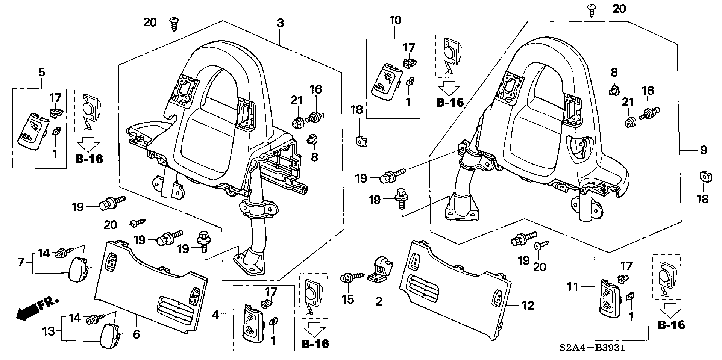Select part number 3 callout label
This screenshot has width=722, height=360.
coord(280,23)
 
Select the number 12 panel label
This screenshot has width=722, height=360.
coord(528,306)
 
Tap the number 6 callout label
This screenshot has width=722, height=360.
coord(137,334)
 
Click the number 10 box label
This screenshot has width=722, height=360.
coord(396,20)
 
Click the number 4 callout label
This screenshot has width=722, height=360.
coord(215,315)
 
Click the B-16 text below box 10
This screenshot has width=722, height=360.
coord(450,103)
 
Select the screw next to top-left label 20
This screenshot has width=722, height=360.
coord(174,23)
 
